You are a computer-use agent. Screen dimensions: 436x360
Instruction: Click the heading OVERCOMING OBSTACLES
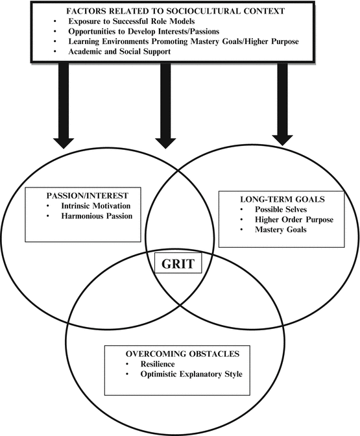click(x=175, y=355)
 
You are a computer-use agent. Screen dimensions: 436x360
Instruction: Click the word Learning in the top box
click(x=92, y=43)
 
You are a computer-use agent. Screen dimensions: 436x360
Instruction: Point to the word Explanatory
click(x=193, y=375)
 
